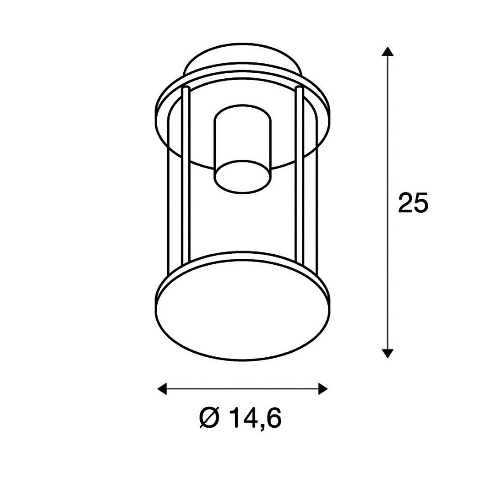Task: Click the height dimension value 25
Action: pyautogui.click(x=412, y=203)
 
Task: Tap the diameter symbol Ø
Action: pyautogui.click(x=209, y=418)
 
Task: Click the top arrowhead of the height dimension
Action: pyautogui.click(x=388, y=51)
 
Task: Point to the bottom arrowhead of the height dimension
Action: pyautogui.click(x=388, y=353)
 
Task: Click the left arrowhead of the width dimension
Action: pyautogui.click(x=162, y=389)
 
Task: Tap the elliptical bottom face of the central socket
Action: pyautogui.click(x=243, y=177)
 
